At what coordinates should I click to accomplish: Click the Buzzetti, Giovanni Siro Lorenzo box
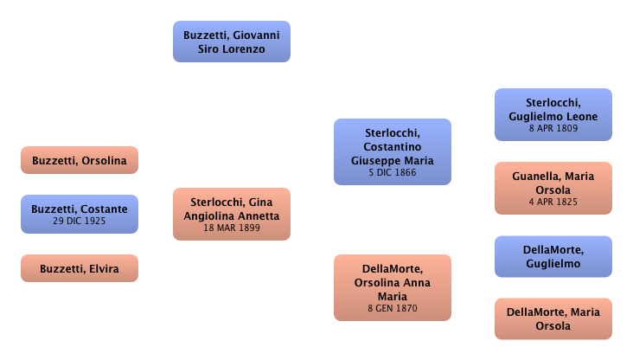pyautogui.click(x=232, y=42)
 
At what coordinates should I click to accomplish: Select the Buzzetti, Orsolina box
pyautogui.click(x=80, y=161)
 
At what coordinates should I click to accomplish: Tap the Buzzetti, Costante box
pyautogui.click(x=80, y=214)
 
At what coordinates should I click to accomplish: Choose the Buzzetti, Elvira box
pyautogui.click(x=80, y=268)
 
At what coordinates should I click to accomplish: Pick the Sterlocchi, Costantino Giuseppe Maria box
pyautogui.click(x=393, y=152)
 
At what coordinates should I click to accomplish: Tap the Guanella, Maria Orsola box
pyautogui.click(x=553, y=187)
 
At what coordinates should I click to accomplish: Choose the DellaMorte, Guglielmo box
pyautogui.click(x=553, y=257)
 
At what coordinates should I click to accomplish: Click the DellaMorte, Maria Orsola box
pyautogui.click(x=553, y=318)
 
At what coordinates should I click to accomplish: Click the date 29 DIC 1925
pyautogui.click(x=80, y=222)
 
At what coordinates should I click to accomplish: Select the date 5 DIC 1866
pyautogui.click(x=393, y=173)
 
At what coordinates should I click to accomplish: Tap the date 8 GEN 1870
pyautogui.click(x=393, y=308)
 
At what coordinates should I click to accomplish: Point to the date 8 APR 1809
pyautogui.click(x=553, y=128)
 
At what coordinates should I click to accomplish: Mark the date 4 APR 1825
pyautogui.click(x=553, y=202)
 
